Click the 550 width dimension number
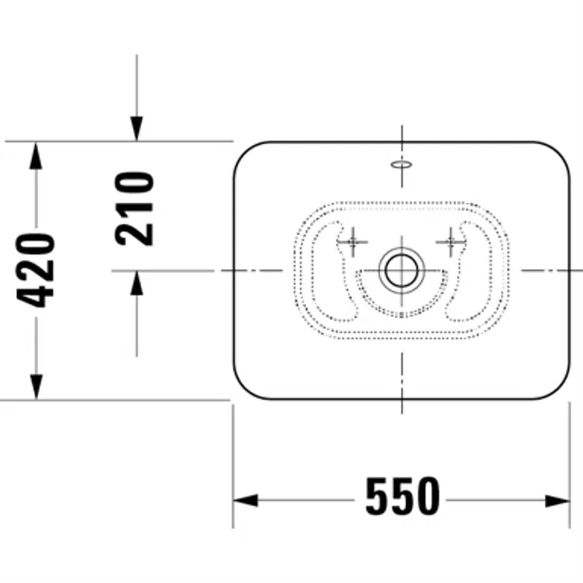[402, 497]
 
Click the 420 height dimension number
[35, 270]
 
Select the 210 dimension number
[134, 209]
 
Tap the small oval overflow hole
[401, 164]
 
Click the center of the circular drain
[402, 270]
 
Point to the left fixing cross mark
[352, 242]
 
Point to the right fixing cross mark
[451, 242]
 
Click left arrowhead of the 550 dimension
[245, 500]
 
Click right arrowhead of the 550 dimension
[557, 501]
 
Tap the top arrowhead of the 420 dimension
[35, 155]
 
